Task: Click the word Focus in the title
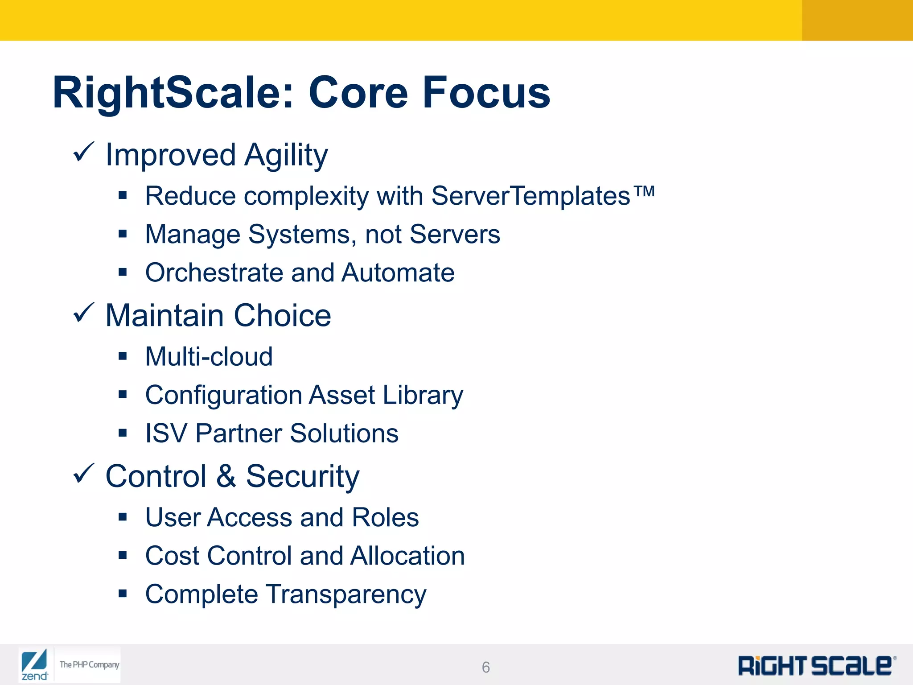pyautogui.click(x=486, y=92)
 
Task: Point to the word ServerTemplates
pyautogui.click(x=531, y=196)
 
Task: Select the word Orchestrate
pyautogui.click(x=214, y=272)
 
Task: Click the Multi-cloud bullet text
pyautogui.click(x=209, y=357)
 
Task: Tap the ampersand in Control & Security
pyautogui.click(x=226, y=476)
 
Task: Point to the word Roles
pyautogui.click(x=385, y=517)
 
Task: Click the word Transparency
pyautogui.click(x=346, y=595)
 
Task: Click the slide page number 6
pyautogui.click(x=486, y=667)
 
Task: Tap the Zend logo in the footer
pyautogui.click(x=34, y=665)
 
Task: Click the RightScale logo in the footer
pyautogui.click(x=816, y=666)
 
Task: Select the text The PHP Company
pyautogui.click(x=90, y=664)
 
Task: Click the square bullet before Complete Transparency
pyautogui.click(x=123, y=594)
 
